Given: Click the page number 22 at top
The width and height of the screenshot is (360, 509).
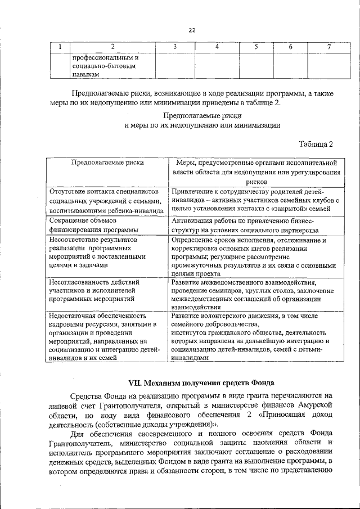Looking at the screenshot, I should [x=192, y=30].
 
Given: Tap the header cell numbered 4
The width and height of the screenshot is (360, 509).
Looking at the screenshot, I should [x=216, y=46].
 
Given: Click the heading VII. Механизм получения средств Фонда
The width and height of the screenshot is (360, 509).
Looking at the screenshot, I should [x=201, y=383].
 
